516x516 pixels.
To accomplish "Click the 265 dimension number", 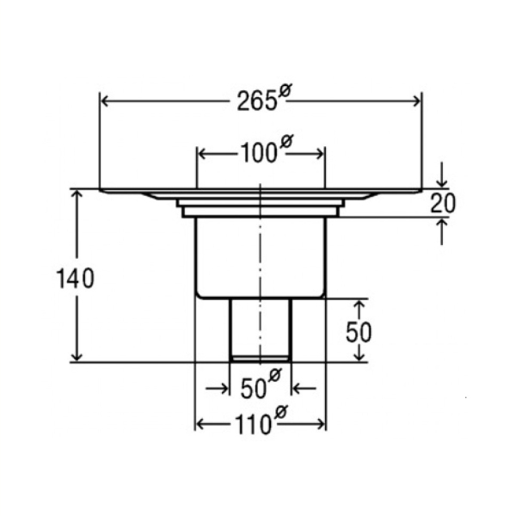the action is coord(256,101).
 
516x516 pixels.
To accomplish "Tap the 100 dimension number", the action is coord(259,153).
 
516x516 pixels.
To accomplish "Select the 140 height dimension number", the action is coord(76,279).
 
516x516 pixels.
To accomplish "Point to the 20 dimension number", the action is coord(443,203).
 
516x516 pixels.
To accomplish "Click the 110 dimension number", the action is coord(252,425).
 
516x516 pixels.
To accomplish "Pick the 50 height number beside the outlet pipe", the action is coord(359,332).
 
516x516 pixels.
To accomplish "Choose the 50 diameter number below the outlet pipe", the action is coord(253,389).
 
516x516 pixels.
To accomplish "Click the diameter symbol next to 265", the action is coord(285,90).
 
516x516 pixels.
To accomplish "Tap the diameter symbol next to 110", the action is coord(280,412).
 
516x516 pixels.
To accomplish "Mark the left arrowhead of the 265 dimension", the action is coord(104,101).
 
